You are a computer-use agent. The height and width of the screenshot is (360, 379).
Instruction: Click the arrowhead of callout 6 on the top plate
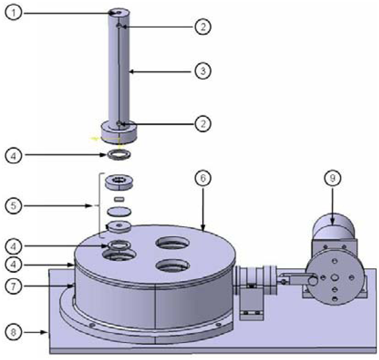[204, 227]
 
